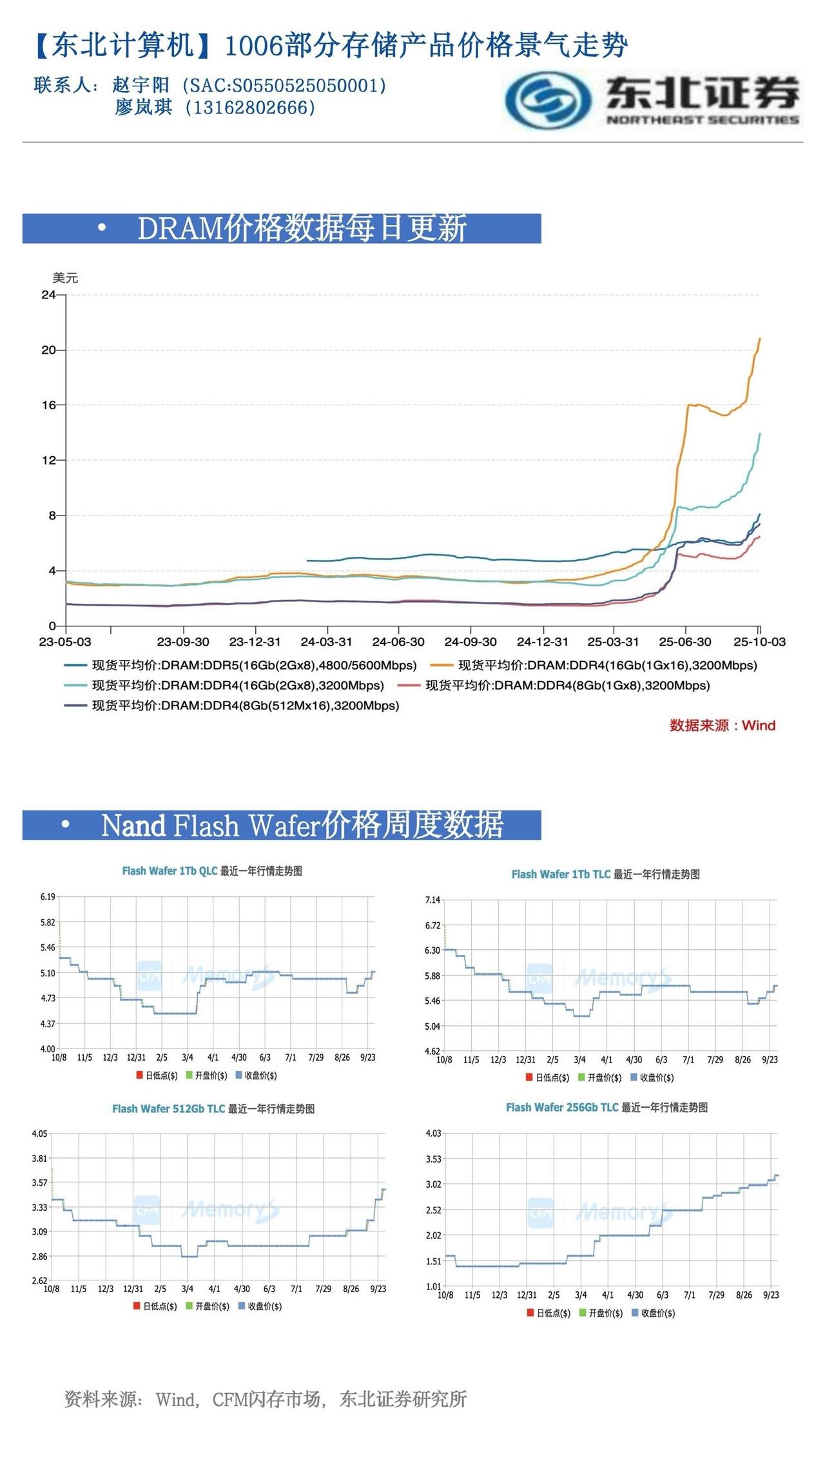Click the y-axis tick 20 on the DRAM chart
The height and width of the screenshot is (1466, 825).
click(48, 350)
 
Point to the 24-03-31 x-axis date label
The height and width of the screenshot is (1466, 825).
click(326, 642)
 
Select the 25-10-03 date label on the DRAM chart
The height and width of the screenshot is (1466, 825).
click(760, 642)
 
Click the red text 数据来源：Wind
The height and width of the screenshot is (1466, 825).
click(722, 726)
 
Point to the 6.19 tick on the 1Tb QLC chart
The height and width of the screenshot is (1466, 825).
click(48, 896)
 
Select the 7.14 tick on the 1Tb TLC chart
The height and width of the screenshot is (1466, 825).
click(432, 900)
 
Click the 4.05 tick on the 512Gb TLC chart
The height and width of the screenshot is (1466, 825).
click(40, 1133)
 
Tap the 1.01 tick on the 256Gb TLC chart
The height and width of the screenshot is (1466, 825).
click(433, 1286)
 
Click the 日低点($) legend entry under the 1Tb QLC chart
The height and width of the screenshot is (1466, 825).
click(157, 1075)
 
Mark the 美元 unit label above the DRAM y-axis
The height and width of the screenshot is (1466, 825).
click(65, 278)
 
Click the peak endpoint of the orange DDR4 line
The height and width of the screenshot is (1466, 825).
click(760, 338)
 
